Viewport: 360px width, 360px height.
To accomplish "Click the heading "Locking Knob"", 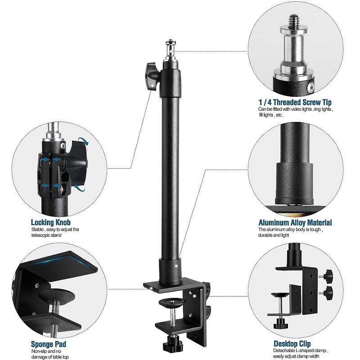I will [x=50, y=222].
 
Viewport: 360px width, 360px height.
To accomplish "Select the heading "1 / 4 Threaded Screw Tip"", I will [x=295, y=102].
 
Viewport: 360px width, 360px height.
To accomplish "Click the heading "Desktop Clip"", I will [x=292, y=344].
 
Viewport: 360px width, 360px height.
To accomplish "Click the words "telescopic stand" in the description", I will [x=49, y=235].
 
